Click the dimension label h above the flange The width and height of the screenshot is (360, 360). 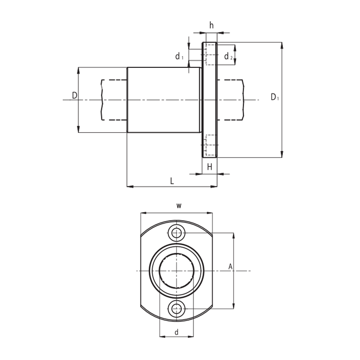point(211,25)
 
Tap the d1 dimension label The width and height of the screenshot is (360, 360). point(179,56)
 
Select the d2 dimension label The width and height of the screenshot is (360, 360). point(228,56)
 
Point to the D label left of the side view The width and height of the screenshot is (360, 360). point(75,95)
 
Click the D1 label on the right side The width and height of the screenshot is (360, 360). point(275,97)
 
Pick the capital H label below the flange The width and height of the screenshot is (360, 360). point(210,167)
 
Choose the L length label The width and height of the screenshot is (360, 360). point(172,182)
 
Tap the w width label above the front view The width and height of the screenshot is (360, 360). point(179,206)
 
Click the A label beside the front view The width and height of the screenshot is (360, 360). point(230,267)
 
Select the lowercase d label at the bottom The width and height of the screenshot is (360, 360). point(176,332)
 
